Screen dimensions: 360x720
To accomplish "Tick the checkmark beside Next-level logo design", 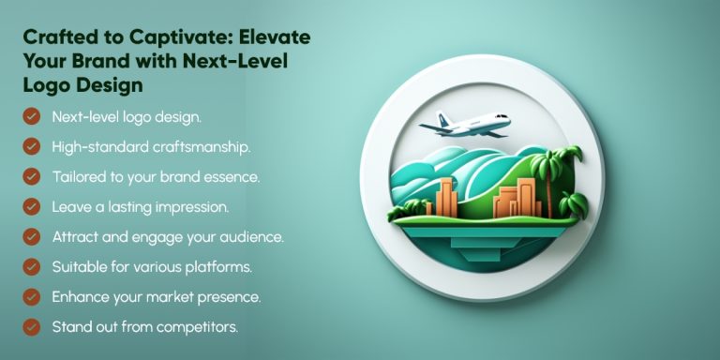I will [x=32, y=116].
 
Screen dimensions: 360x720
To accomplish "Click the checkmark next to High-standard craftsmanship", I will [x=32, y=146].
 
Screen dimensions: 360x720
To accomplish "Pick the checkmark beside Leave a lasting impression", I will [x=32, y=206].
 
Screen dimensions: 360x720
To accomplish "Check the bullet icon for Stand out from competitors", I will [x=32, y=327].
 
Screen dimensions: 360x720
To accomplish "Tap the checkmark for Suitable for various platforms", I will [x=32, y=267].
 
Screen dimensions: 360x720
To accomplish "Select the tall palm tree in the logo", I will [x=542, y=175].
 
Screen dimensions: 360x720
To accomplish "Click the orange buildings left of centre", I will [x=442, y=200].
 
